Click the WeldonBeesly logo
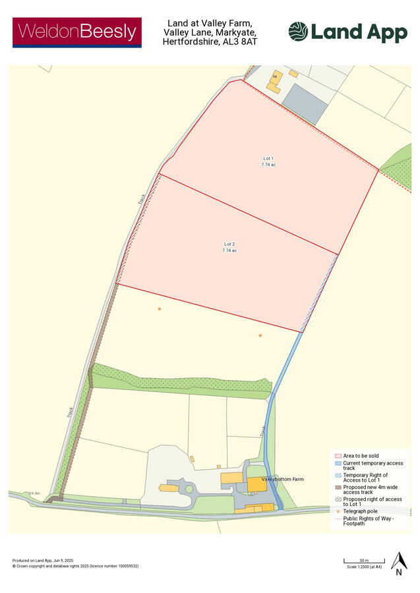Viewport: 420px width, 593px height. [77, 32]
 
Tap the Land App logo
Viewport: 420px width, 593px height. [347, 32]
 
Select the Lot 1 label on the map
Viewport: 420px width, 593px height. [268, 161]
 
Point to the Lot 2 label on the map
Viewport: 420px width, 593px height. [229, 247]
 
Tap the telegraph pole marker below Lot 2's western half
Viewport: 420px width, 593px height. [159, 309]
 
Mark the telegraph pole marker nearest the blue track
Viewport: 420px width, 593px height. [260, 336]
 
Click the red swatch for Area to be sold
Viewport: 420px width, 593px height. [338, 456]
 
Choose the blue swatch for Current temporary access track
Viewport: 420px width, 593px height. [338, 464]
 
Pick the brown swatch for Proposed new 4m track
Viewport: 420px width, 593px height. [338, 488]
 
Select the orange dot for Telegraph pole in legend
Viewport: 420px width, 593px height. [338, 511]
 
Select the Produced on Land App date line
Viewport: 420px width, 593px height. [41, 561]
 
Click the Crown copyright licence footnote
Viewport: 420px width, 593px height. [75, 566]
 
